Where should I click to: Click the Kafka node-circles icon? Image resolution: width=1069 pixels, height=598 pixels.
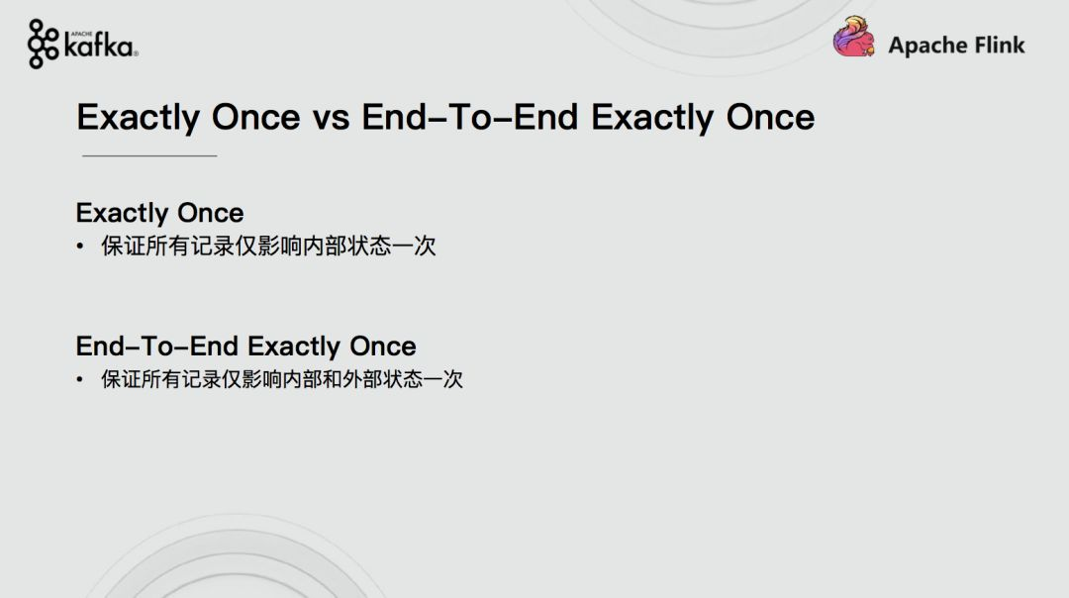[43, 45]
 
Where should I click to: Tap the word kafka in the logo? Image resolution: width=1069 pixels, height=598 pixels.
[99, 47]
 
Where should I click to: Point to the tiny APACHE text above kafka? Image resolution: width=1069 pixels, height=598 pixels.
[81, 34]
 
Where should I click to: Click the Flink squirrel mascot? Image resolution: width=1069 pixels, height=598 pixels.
[853, 37]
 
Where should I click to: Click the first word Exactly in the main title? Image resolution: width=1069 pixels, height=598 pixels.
[138, 117]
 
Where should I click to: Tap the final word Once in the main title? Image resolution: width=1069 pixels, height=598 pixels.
[770, 117]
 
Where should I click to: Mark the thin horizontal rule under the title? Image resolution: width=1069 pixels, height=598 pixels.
[149, 156]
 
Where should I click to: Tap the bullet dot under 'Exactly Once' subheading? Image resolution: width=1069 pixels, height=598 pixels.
[80, 247]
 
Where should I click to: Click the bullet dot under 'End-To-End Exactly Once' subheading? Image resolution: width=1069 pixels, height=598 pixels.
[80, 379]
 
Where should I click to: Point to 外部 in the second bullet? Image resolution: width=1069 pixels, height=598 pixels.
[362, 379]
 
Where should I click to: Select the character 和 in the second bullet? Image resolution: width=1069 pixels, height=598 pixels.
[332, 379]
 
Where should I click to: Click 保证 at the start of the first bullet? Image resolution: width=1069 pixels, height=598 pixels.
[124, 247]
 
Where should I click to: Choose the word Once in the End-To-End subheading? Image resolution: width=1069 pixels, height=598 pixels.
[382, 347]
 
